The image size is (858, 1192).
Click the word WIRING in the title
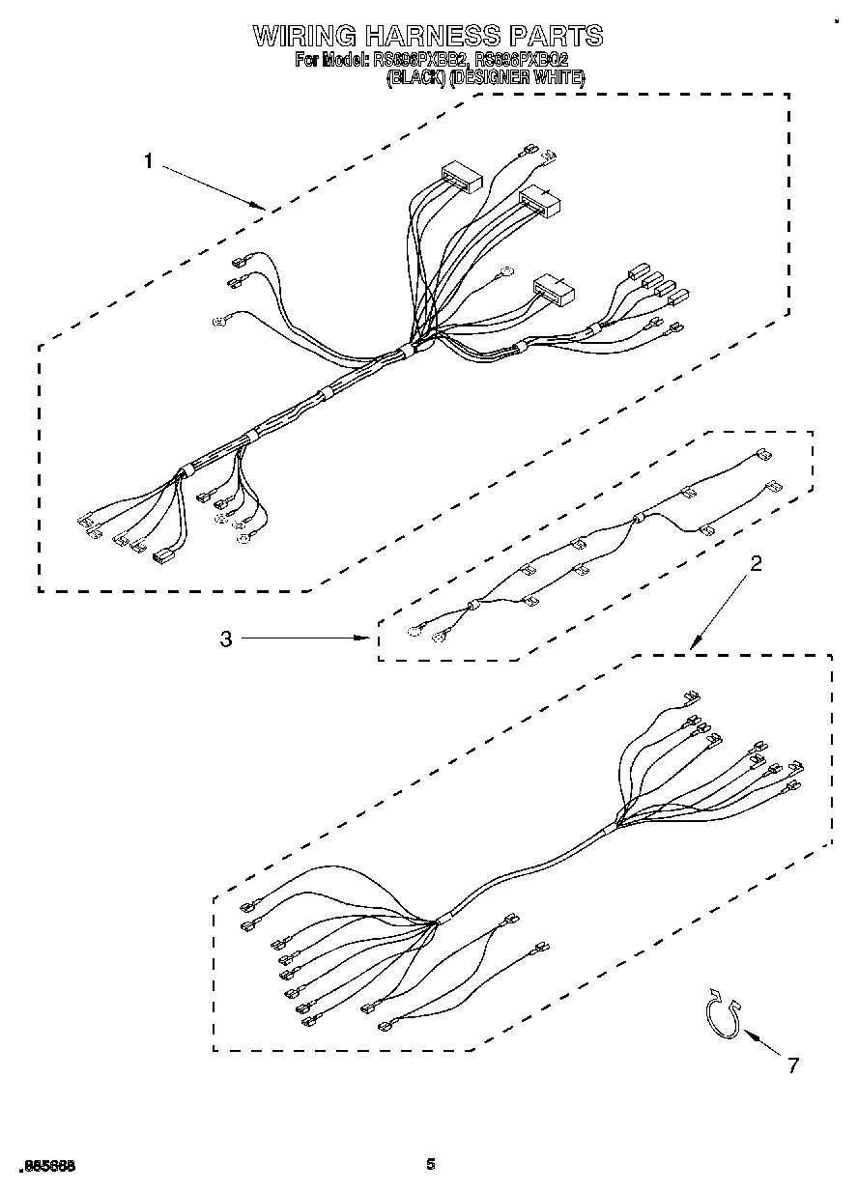(x=304, y=36)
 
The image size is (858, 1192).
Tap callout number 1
(x=148, y=161)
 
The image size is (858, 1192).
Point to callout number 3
(x=226, y=639)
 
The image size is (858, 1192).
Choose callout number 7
(x=793, y=1065)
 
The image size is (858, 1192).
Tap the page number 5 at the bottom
(x=430, y=1165)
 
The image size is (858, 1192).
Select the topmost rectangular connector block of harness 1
(x=462, y=177)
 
